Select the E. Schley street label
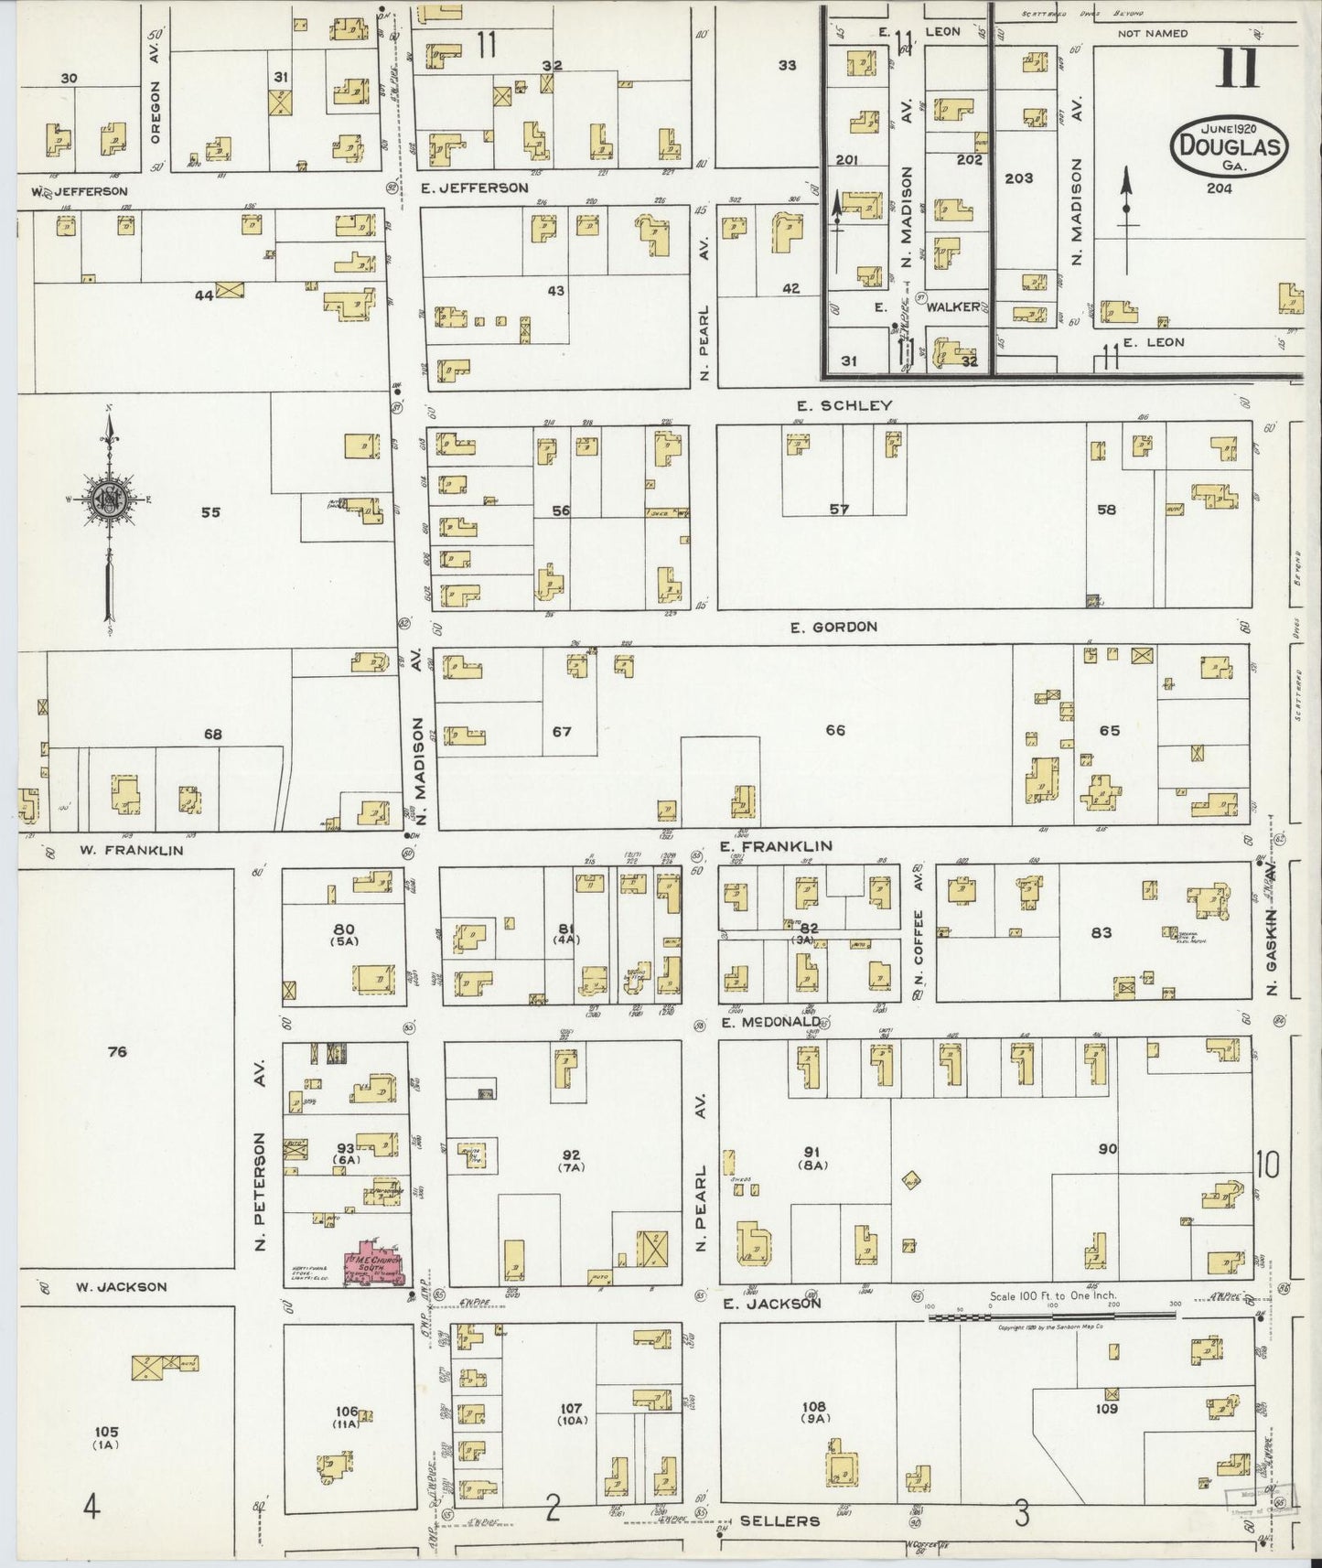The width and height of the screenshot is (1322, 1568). [844, 405]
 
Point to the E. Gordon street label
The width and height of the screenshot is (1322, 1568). [833, 627]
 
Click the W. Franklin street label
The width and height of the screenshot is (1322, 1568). [131, 850]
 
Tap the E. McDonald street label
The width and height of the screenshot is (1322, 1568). [769, 1022]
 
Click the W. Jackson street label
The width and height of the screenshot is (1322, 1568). [121, 1287]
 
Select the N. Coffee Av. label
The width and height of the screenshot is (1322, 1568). [919, 932]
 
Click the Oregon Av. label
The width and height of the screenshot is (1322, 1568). [155, 104]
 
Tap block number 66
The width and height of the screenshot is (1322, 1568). [835, 730]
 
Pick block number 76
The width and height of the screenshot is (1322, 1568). [116, 1052]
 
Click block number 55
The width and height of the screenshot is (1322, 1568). [210, 512]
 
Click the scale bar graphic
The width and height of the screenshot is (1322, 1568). [1052, 1315]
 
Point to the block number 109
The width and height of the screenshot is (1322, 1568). [1107, 1409]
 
